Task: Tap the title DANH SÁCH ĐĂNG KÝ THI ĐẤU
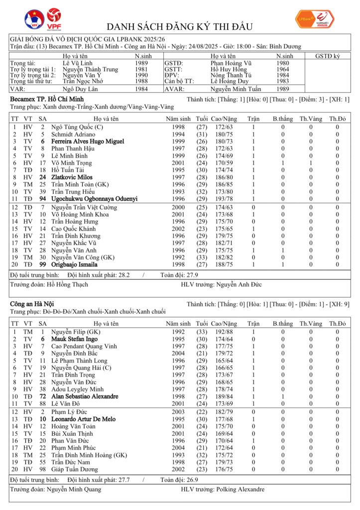(x=180, y=26)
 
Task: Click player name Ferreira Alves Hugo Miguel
(x=88, y=141)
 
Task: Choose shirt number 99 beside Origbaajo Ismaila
(x=43, y=264)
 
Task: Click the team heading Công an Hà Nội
(x=32, y=303)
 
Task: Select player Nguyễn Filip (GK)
(x=76, y=332)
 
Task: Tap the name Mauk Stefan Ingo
(x=75, y=339)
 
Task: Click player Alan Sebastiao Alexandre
(x=85, y=396)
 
